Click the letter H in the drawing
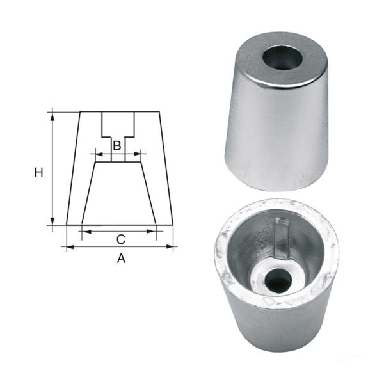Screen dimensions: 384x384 point(39,172)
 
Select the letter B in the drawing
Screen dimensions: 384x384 point(116,146)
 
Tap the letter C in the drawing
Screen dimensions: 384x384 point(120,239)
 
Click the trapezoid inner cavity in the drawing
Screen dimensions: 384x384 point(119,195)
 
